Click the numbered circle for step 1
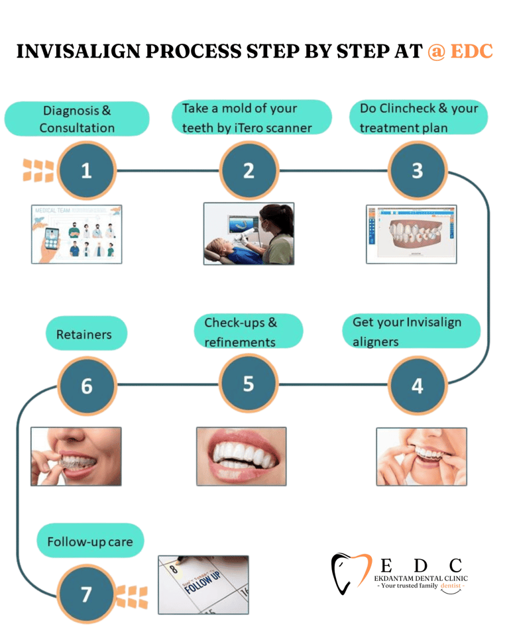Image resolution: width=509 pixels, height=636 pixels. pos(87,171)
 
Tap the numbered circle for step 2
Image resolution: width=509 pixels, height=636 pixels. pos(249,171)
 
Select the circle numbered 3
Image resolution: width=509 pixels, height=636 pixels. pos(417,171)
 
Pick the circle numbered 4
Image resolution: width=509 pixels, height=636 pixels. pos(417,385)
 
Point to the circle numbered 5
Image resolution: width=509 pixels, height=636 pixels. pos(249,384)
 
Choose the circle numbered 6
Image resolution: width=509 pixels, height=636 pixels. pos(87,385)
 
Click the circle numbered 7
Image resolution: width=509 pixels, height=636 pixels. pos(87,594)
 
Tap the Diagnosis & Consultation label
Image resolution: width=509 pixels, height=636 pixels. pos(77,119)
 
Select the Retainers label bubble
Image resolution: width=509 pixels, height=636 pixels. pos(84,334)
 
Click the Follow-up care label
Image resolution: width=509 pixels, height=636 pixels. pos(89,541)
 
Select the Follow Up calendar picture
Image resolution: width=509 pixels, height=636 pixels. pos(203,584)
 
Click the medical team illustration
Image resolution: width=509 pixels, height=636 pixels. pos(76,234)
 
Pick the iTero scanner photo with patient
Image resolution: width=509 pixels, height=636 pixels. pos(249,233)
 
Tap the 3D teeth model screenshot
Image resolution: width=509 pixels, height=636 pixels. pos(412,234)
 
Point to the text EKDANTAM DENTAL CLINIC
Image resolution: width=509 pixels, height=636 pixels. pos(420,578)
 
